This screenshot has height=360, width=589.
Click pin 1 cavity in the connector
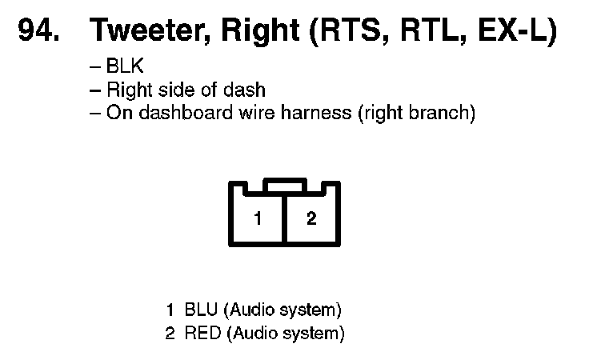point(257,218)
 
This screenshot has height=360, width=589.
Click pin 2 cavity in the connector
point(311,218)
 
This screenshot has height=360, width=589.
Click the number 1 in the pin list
point(170,310)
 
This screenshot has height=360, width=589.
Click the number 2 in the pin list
point(170,332)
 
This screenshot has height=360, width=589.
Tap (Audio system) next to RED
point(286,332)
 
